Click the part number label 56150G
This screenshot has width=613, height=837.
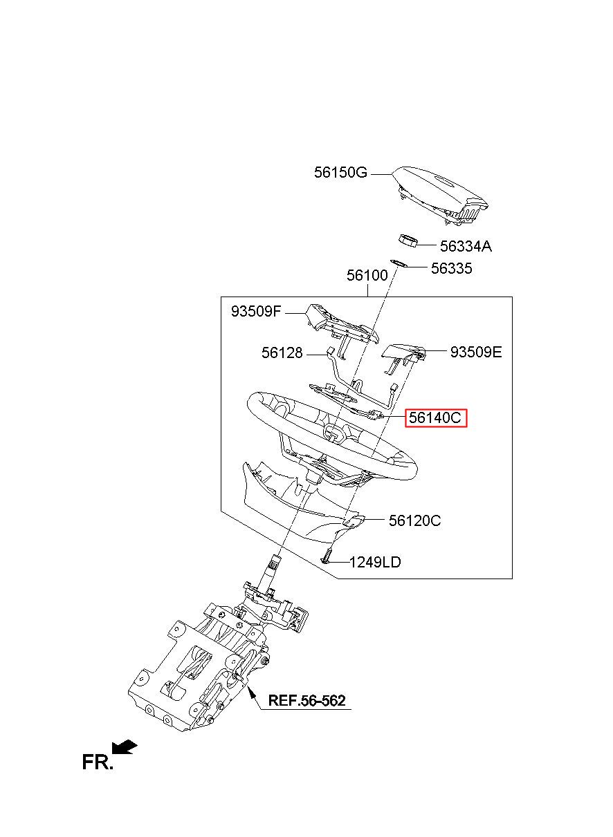[340, 173]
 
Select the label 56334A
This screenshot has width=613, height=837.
[466, 246]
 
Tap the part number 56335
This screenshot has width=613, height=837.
[451, 268]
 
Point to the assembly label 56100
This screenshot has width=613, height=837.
[367, 275]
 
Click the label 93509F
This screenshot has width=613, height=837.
[256, 311]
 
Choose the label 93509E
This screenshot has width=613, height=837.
[476, 352]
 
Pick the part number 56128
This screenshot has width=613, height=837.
[282, 352]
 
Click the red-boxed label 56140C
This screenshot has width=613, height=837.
[436, 417]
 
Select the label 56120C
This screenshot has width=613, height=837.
[414, 520]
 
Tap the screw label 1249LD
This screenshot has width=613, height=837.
[375, 572]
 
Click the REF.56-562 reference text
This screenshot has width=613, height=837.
[306, 700]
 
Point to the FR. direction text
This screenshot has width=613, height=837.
[98, 762]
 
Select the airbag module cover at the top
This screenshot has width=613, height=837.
[441, 195]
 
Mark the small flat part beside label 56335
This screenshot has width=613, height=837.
[398, 263]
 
